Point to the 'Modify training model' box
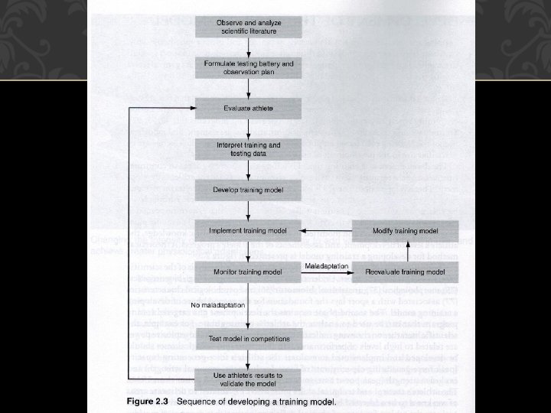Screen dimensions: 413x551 coord(405,230)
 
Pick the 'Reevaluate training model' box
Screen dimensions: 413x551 coord(405,272)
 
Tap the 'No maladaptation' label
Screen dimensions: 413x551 coord(218,304)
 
